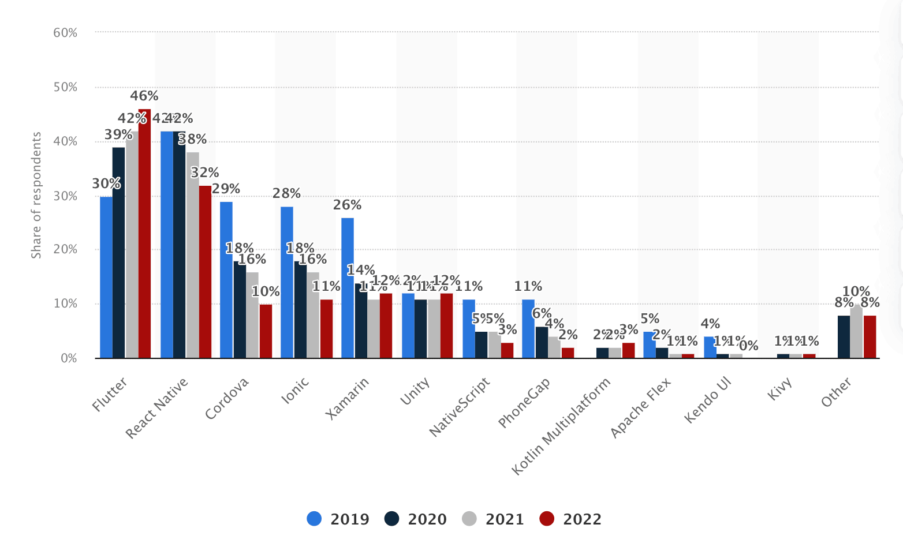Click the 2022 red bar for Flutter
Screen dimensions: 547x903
(x=144, y=234)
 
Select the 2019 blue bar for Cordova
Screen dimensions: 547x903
(x=226, y=280)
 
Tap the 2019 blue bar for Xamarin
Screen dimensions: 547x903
(x=348, y=288)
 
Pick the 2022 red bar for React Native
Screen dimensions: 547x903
(x=205, y=272)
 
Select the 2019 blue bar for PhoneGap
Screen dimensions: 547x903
(x=528, y=329)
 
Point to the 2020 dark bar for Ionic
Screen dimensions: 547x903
(x=300, y=310)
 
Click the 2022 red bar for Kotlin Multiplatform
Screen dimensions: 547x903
(x=628, y=350)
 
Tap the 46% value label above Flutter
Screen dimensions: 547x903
(x=144, y=96)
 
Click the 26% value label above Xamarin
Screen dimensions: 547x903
(x=347, y=205)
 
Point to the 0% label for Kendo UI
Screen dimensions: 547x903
(x=748, y=346)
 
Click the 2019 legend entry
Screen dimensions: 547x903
(x=338, y=519)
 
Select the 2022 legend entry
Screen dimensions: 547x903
(x=570, y=519)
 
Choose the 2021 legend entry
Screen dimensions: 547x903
(x=493, y=519)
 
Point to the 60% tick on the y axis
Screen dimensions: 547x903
(x=65, y=33)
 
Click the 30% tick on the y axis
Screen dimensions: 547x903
(x=65, y=196)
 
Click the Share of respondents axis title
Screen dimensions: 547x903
(x=36, y=196)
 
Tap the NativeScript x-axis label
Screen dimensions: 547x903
(x=460, y=407)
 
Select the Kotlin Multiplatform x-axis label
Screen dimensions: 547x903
(x=561, y=427)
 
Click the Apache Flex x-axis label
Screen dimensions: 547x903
(x=641, y=408)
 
